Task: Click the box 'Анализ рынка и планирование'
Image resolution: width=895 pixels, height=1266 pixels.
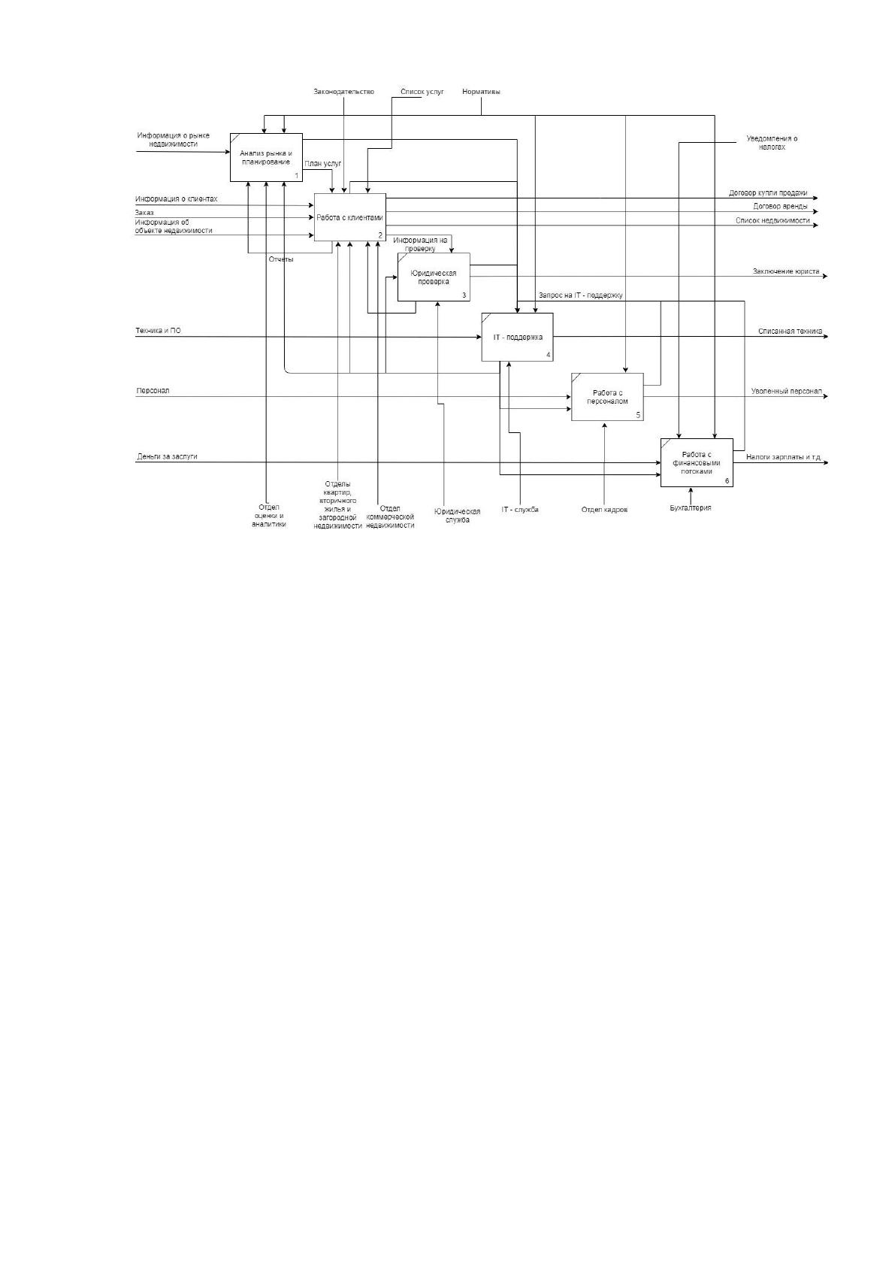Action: (266, 157)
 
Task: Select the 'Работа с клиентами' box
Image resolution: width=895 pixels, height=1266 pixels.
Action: (349, 217)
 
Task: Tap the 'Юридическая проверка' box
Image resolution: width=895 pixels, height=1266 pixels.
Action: (434, 277)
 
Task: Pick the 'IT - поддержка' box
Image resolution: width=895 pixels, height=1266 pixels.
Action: (517, 337)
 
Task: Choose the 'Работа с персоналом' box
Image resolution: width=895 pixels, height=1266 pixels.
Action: (607, 397)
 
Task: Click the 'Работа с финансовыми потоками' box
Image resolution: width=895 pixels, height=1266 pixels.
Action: (697, 462)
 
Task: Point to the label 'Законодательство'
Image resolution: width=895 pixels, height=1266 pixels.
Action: (343, 92)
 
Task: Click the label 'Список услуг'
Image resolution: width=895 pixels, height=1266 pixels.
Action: (422, 92)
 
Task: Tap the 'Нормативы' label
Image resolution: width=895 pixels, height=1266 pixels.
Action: (481, 92)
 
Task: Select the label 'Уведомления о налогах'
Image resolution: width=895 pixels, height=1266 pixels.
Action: (772, 142)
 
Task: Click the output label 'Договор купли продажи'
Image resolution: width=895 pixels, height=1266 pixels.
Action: (768, 192)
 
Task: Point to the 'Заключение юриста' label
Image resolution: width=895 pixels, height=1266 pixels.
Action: (786, 271)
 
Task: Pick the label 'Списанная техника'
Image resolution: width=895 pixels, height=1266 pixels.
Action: (790, 332)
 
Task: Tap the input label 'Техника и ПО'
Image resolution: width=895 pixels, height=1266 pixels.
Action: (159, 331)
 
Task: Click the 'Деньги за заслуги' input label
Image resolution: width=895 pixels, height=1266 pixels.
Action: (167, 456)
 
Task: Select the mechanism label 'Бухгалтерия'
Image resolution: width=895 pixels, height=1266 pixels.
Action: (691, 507)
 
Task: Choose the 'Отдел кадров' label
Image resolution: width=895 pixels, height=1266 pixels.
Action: (604, 509)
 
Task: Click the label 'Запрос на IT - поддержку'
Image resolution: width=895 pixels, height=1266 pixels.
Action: (581, 295)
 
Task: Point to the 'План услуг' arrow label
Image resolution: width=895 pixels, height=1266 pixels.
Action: (323, 164)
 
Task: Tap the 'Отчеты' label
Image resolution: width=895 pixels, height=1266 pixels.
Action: (281, 259)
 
